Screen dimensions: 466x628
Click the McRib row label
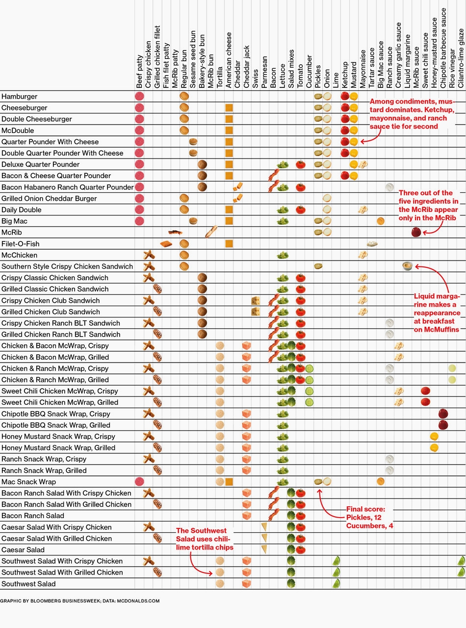coord(12,233)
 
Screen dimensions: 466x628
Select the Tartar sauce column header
coord(371,68)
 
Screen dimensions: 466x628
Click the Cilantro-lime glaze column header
coord(461,58)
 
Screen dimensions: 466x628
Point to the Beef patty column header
coord(139,71)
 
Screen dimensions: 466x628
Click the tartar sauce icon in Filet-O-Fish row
coord(372,244)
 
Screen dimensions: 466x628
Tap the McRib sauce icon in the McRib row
coord(416,232)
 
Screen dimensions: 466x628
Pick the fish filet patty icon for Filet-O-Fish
coord(166,244)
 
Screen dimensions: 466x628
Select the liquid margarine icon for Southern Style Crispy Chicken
coord(408,266)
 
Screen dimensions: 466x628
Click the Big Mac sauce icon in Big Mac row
coord(381,221)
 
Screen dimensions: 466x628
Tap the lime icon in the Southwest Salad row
coord(336,583)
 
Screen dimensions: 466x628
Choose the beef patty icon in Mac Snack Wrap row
coord(139,481)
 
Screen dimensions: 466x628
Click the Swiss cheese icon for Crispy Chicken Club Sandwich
coord(256,300)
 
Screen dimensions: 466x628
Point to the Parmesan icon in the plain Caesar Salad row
coord(264,549)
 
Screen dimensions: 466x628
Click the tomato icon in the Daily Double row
coord(300,210)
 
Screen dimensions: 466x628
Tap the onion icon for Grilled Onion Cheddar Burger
coord(327,198)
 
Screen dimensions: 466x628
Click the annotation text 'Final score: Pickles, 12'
coord(365,513)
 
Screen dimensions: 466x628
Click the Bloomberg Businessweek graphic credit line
coord(79,601)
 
